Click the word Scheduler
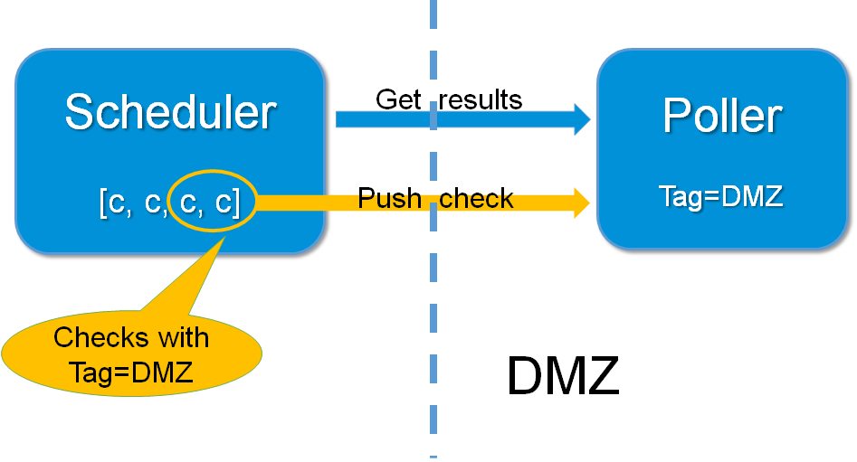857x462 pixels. pyautogui.click(x=170, y=113)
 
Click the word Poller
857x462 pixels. pyautogui.click(x=721, y=116)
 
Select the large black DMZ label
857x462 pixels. pyautogui.click(x=563, y=375)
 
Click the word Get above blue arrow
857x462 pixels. pyautogui.click(x=398, y=99)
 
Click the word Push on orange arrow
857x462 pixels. pyautogui.click(x=389, y=198)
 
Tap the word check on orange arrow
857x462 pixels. pyautogui.click(x=476, y=198)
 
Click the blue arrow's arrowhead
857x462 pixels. pyautogui.click(x=581, y=119)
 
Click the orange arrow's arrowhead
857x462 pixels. pyautogui.click(x=581, y=203)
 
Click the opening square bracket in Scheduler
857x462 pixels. pyautogui.click(x=102, y=204)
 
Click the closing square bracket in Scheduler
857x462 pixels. pyautogui.click(x=235, y=204)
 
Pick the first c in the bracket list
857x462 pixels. pyautogui.click(x=117, y=205)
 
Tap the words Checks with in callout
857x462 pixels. pyautogui.click(x=131, y=338)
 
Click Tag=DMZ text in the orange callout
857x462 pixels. pyautogui.click(x=131, y=371)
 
